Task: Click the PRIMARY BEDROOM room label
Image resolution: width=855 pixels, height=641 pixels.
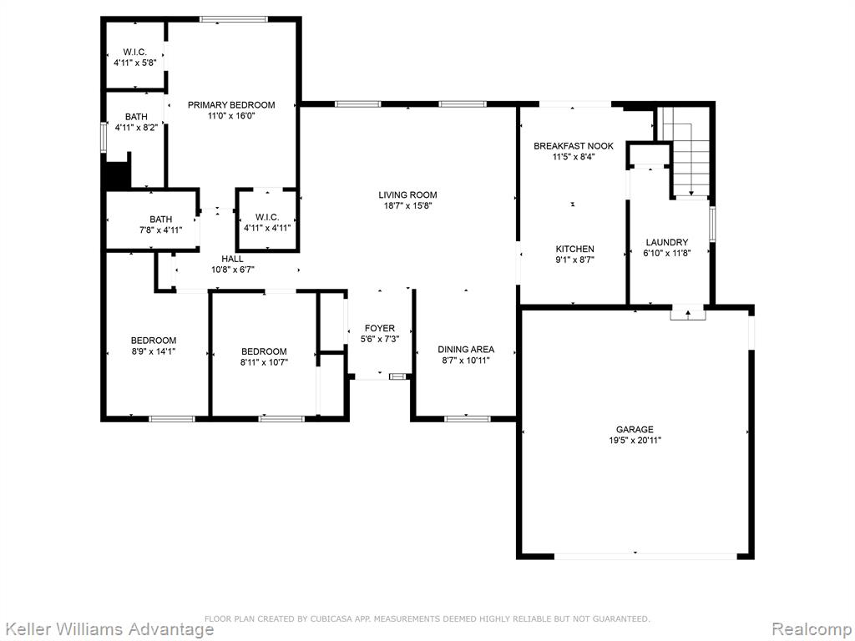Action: coord(231,104)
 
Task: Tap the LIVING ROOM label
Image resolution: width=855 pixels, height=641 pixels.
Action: coord(407,194)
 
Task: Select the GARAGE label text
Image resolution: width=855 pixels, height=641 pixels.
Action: coord(635,430)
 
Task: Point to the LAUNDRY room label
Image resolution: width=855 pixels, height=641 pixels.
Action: coord(667,242)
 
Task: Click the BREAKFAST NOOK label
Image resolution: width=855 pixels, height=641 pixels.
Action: coord(573,146)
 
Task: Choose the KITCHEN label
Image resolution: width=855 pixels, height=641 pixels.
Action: coord(574,249)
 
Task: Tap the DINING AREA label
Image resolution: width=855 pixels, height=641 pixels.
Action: coord(466,350)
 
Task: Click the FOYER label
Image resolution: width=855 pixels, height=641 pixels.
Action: coord(380,328)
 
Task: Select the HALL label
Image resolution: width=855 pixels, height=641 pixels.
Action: coord(232,259)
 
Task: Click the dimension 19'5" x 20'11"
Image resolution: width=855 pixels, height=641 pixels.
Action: coord(635,441)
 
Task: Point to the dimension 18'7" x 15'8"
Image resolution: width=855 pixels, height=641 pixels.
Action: coord(407,206)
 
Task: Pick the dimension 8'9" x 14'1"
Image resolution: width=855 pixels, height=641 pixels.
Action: coord(154,351)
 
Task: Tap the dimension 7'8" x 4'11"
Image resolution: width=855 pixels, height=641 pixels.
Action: coord(160,230)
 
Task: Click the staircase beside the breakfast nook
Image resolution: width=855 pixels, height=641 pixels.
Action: coord(685,152)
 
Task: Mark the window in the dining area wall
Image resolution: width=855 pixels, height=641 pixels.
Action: coord(467,419)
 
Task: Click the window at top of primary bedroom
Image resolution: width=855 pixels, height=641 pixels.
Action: coord(234,20)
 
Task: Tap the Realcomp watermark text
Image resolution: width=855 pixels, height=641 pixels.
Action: coord(812,629)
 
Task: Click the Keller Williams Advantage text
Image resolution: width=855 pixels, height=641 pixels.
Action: coord(108,629)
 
